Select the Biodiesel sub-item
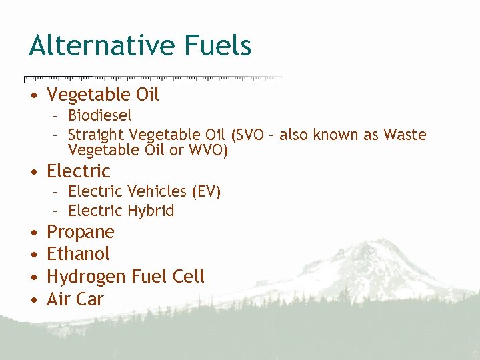(100, 115)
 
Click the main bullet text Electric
(78, 171)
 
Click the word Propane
(80, 233)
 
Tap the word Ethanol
(78, 254)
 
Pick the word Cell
(189, 276)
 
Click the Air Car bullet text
(75, 299)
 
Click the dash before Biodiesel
(57, 116)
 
